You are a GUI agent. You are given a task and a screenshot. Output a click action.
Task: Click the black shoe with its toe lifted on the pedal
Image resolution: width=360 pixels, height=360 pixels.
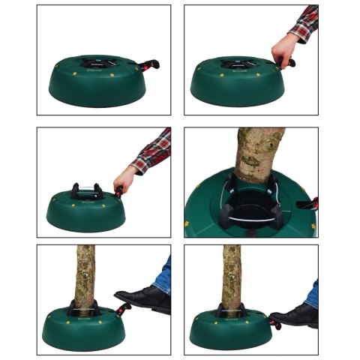(x=142, y=298)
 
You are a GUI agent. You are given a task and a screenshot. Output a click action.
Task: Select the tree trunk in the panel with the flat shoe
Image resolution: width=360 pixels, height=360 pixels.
(x=232, y=274)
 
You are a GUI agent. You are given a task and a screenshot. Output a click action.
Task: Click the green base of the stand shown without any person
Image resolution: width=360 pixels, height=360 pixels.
(x=90, y=90)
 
